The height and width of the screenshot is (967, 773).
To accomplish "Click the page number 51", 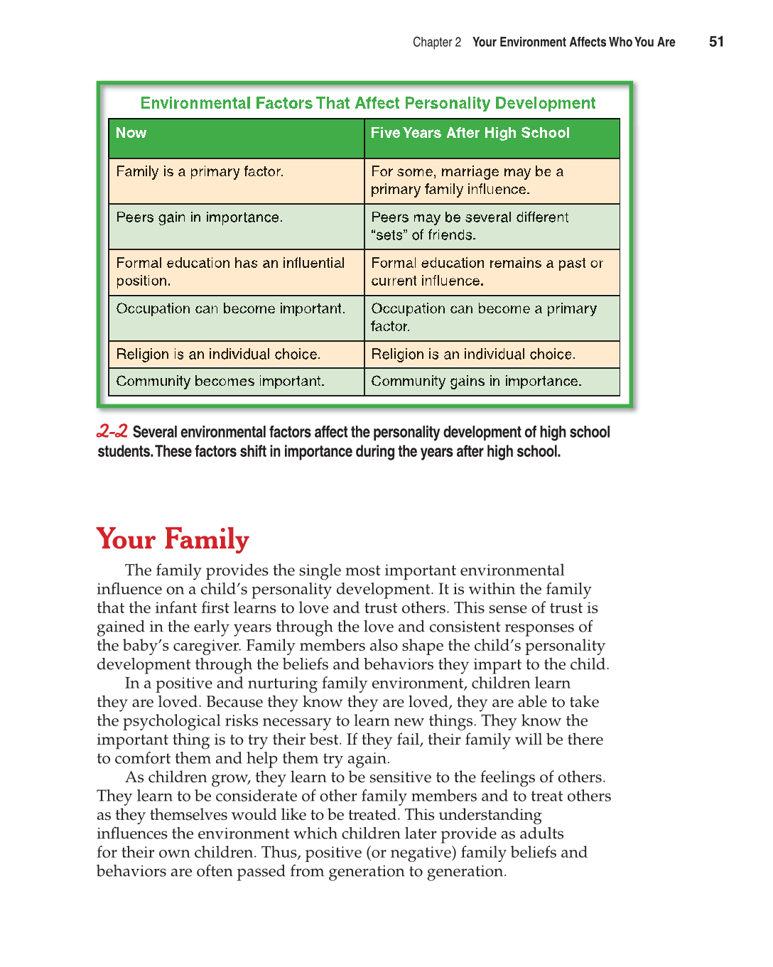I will (x=716, y=42).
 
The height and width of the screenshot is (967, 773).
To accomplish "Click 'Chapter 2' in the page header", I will (x=436, y=43).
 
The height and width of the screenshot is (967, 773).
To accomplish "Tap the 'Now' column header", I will (x=131, y=134).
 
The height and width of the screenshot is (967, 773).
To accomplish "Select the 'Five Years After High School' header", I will (x=470, y=134).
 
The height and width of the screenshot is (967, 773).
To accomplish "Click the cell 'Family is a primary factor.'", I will (x=200, y=172).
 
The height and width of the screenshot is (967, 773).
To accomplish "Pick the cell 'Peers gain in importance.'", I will (x=199, y=217).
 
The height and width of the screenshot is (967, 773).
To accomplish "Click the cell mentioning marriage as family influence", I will (x=466, y=180).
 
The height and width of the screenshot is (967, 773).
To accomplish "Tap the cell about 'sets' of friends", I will (x=469, y=226).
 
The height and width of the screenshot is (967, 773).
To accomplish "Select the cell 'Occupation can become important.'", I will (x=230, y=309).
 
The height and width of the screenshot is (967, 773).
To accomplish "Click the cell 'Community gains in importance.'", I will (x=476, y=382).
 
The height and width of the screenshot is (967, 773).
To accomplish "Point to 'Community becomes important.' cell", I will (x=220, y=382).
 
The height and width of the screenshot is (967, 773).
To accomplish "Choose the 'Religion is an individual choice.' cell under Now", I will (x=218, y=355).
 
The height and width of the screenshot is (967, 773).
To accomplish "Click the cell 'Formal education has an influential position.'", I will (x=230, y=271).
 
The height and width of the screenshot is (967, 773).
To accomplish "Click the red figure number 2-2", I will (x=112, y=431).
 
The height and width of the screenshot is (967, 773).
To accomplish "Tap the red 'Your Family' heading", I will (x=173, y=539).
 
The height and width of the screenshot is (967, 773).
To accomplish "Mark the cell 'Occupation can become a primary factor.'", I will (x=483, y=317).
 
